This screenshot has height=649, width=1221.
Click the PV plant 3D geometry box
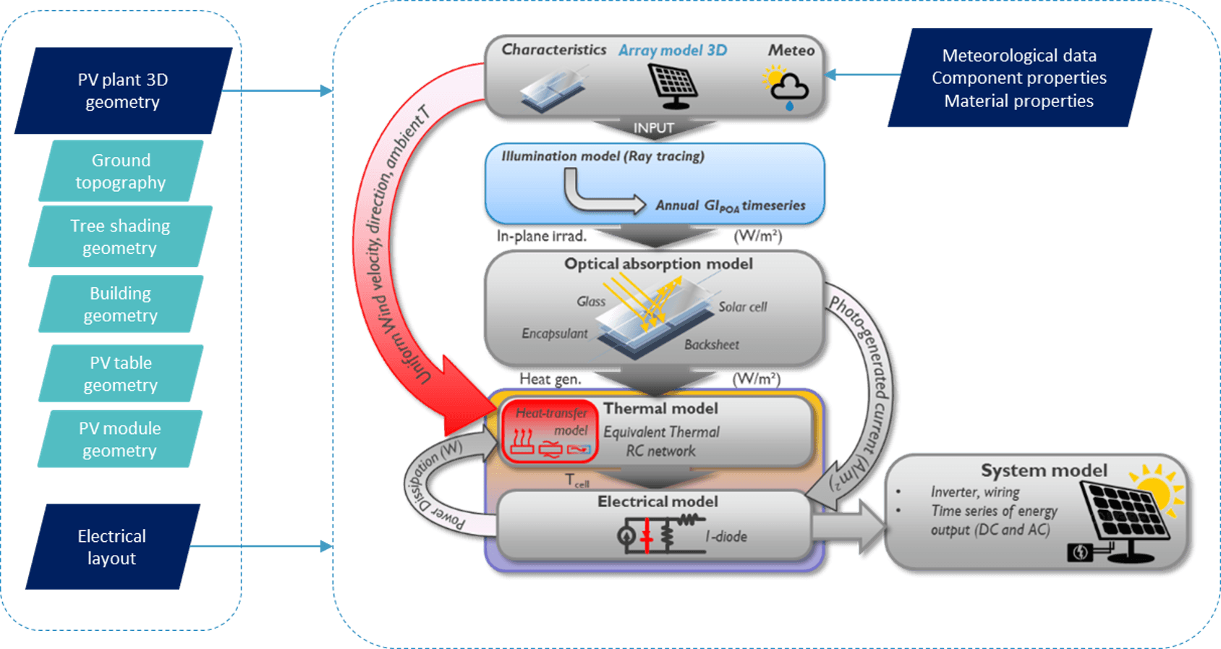point(123,90)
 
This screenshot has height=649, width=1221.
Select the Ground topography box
point(121,171)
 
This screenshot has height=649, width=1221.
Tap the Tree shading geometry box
point(120,237)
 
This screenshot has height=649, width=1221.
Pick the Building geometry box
point(121,304)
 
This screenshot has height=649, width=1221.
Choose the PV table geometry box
point(121,373)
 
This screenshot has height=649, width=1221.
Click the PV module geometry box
point(120,439)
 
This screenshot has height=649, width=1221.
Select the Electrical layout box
point(112,547)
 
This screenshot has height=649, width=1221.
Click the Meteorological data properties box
point(1018,77)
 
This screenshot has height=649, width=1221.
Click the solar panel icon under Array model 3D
point(673,85)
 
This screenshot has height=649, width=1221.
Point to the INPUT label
point(654,128)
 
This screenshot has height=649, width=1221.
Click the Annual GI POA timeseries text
point(730,206)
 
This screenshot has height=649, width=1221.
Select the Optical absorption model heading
point(658,264)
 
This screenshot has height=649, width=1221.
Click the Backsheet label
point(712,345)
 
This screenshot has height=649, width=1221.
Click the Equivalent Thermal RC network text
point(661,441)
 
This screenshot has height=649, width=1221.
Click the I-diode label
point(726,537)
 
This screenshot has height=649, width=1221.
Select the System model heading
point(1043,470)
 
